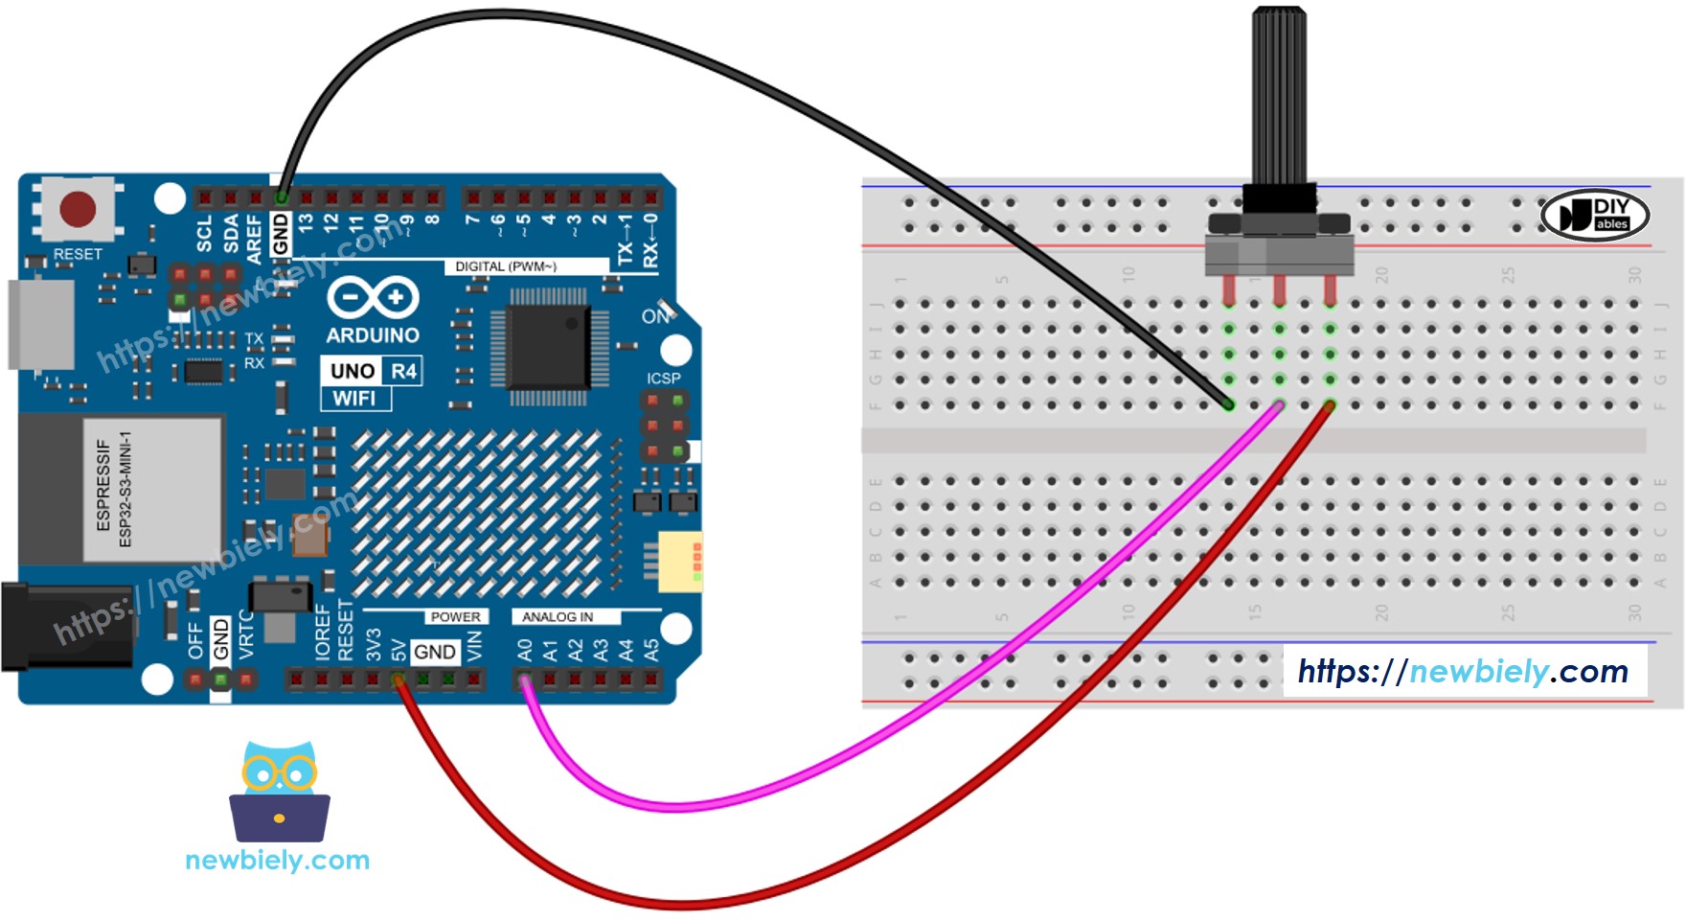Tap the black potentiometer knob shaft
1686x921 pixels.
pos(1278,96)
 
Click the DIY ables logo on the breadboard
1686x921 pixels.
pos(1594,215)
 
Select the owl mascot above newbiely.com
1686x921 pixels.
pos(279,791)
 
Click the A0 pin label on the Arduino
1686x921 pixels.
pos(525,651)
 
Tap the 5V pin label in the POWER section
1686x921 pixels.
pos(399,651)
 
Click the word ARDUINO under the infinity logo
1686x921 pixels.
pos(373,335)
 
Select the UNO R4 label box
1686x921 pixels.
pos(372,371)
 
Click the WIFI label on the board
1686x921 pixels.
pos(354,399)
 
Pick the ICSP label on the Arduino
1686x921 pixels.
pos(663,379)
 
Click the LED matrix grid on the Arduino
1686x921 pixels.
pos(476,514)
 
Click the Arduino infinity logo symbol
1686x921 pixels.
pos(373,298)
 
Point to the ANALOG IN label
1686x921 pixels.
pos(558,617)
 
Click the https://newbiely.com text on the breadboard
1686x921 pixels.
pos(1463,671)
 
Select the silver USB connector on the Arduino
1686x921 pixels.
pos(41,324)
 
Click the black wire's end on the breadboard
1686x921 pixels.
pos(1228,405)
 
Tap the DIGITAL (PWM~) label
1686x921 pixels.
pos(505,266)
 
